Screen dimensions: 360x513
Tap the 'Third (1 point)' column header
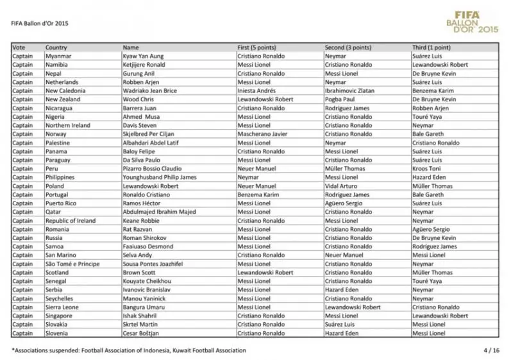tap(431, 47)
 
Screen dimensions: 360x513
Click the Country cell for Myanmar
tap(58, 56)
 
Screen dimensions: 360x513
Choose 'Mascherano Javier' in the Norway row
tap(262, 134)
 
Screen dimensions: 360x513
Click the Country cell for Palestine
tap(59, 143)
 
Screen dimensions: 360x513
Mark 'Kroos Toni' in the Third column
tap(428, 169)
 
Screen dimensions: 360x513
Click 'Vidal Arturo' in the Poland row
tap(341, 186)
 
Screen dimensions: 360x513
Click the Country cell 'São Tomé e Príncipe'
tap(72, 264)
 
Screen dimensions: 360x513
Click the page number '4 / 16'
tap(491, 350)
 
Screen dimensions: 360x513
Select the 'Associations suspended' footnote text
tap(128, 350)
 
